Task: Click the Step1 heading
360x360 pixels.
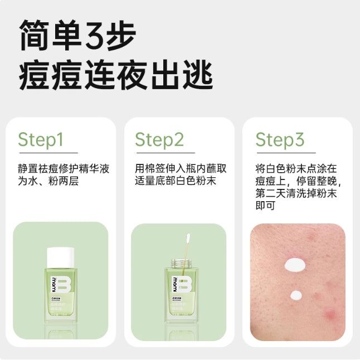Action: tap(41, 139)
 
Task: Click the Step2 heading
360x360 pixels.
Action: tap(159, 139)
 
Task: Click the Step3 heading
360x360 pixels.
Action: tap(280, 139)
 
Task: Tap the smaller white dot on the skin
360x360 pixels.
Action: tap(296, 295)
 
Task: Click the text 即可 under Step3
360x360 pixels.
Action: tap(266, 206)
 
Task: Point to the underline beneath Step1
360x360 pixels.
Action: tap(47, 153)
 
